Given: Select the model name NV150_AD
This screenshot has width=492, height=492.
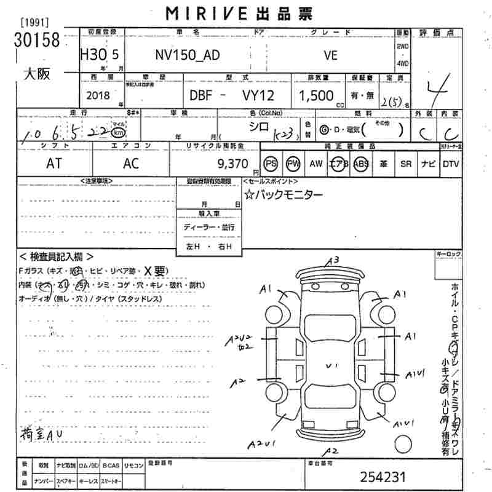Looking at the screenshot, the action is point(186,54).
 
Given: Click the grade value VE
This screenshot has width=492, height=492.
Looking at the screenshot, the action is point(330,54).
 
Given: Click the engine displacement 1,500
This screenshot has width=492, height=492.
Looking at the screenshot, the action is point(316,95).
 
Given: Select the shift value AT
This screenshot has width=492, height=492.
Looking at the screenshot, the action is point(55,164).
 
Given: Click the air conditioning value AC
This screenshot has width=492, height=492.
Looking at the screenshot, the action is point(130,164).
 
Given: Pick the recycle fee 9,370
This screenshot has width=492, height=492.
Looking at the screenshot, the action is point(232,164).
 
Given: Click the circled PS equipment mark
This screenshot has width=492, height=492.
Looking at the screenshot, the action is point(271,164).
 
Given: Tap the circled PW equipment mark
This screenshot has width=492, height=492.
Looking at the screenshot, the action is point(293,164).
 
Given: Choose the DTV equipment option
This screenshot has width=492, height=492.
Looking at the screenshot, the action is point(451,164).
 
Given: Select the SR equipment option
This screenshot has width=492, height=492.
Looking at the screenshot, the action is point(405,164).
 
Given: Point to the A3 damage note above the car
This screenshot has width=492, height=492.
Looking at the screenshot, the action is point(333,260).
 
